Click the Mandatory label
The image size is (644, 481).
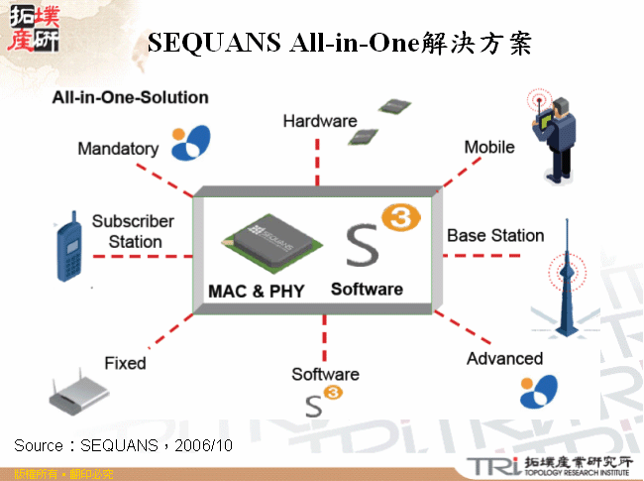click(118, 149)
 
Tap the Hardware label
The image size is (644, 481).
click(319, 121)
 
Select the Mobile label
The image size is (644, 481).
click(489, 147)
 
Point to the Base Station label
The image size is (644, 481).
click(495, 236)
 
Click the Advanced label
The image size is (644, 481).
click(504, 358)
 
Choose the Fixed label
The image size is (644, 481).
click(125, 363)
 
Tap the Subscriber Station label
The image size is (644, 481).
click(134, 231)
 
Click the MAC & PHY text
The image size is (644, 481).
click(256, 292)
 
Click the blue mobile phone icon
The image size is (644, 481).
click(68, 246)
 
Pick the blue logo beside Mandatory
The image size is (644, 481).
click(190, 143)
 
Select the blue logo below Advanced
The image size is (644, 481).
click(539, 393)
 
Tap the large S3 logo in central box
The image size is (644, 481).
click(374, 235)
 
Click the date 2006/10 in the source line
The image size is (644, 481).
click(204, 446)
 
